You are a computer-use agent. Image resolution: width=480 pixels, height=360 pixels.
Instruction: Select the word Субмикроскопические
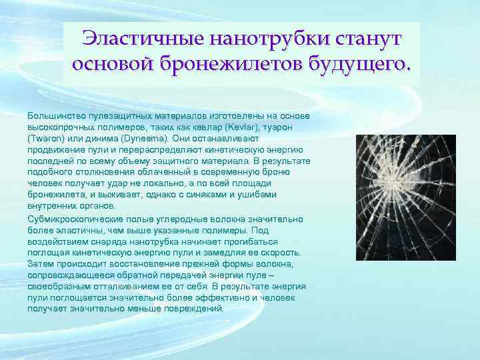(x=75, y=219)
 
